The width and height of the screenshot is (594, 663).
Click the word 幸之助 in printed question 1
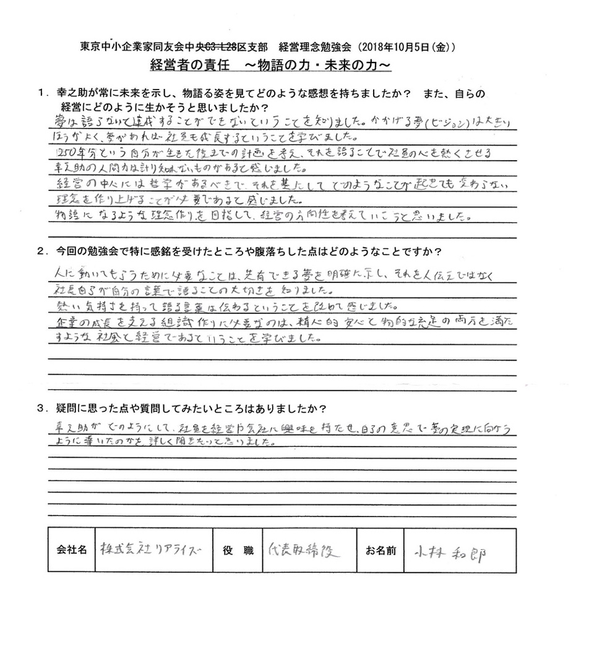72,93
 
